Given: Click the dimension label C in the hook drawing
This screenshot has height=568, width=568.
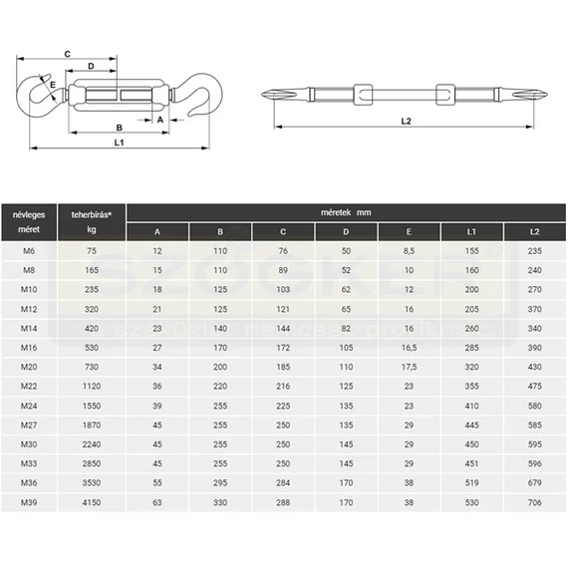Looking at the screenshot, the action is [x=68, y=55].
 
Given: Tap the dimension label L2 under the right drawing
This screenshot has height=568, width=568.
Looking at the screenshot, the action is [x=407, y=121].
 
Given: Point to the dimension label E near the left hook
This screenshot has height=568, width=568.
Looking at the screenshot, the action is [x=53, y=85].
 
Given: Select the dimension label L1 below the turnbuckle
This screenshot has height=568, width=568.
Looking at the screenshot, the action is [x=120, y=142].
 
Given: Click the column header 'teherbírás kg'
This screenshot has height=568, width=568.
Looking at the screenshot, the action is [x=92, y=222].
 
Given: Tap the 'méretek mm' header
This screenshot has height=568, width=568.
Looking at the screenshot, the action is [x=346, y=212].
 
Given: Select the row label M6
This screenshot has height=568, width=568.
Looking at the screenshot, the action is [x=29, y=251].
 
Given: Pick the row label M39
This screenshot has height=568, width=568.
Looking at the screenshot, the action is [x=29, y=502].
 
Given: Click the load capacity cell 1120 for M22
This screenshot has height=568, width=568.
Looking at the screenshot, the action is [x=92, y=387].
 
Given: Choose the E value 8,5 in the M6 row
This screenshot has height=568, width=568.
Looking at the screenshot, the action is [x=409, y=251].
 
